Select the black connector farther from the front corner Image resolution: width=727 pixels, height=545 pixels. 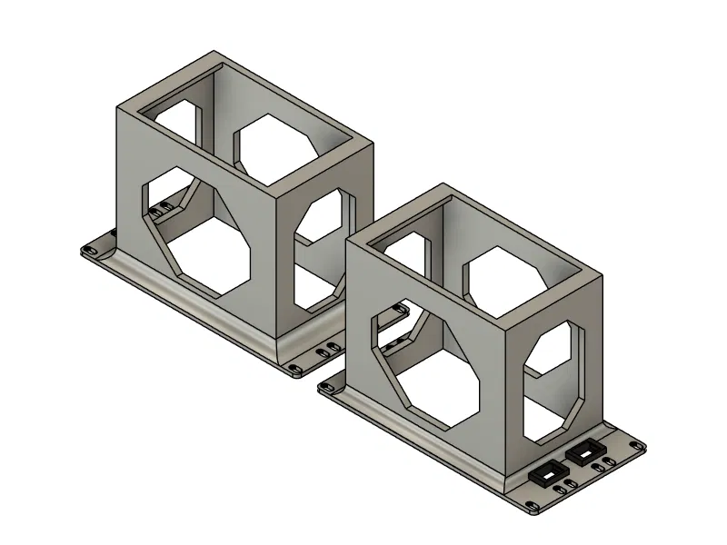(x=583, y=451)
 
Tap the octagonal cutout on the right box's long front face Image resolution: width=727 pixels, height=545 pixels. (x=427, y=364)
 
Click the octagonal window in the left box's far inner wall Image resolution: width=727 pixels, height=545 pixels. (x=277, y=145)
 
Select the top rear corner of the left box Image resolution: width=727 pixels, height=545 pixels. (x=214, y=51)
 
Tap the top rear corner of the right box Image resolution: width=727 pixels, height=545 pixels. (x=444, y=184)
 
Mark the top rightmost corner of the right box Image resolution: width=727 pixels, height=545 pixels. (x=603, y=275)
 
